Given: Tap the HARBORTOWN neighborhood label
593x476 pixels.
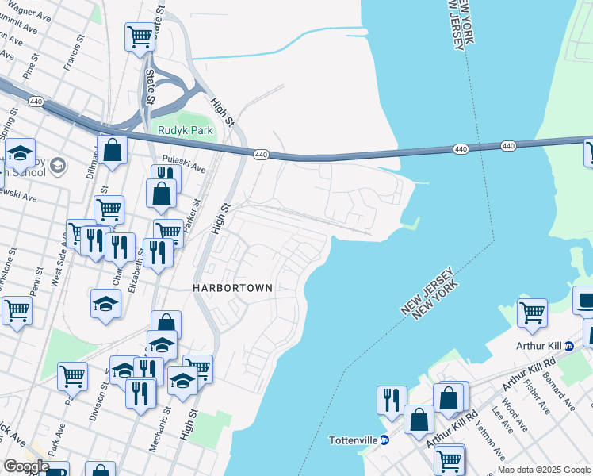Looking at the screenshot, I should click(x=233, y=288).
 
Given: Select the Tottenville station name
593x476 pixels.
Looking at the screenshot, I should click(x=353, y=440).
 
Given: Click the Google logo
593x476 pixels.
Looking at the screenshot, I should click(x=25, y=466).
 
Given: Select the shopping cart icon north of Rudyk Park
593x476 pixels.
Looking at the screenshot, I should click(x=140, y=36).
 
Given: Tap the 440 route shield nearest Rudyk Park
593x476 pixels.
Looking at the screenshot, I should click(x=260, y=155).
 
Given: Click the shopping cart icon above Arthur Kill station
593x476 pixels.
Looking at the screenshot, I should click(x=531, y=312).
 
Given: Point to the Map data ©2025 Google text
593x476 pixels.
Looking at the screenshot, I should click(x=544, y=470).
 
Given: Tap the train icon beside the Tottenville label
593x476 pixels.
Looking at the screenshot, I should click(x=384, y=440).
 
